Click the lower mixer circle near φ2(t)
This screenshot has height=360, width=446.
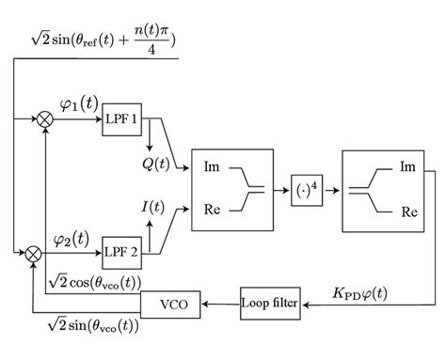pos(33,252)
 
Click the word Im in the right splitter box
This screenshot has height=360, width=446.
pos(408,167)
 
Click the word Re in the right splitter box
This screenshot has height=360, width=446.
pos(408,211)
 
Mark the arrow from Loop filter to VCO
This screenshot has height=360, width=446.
pos(216,304)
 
